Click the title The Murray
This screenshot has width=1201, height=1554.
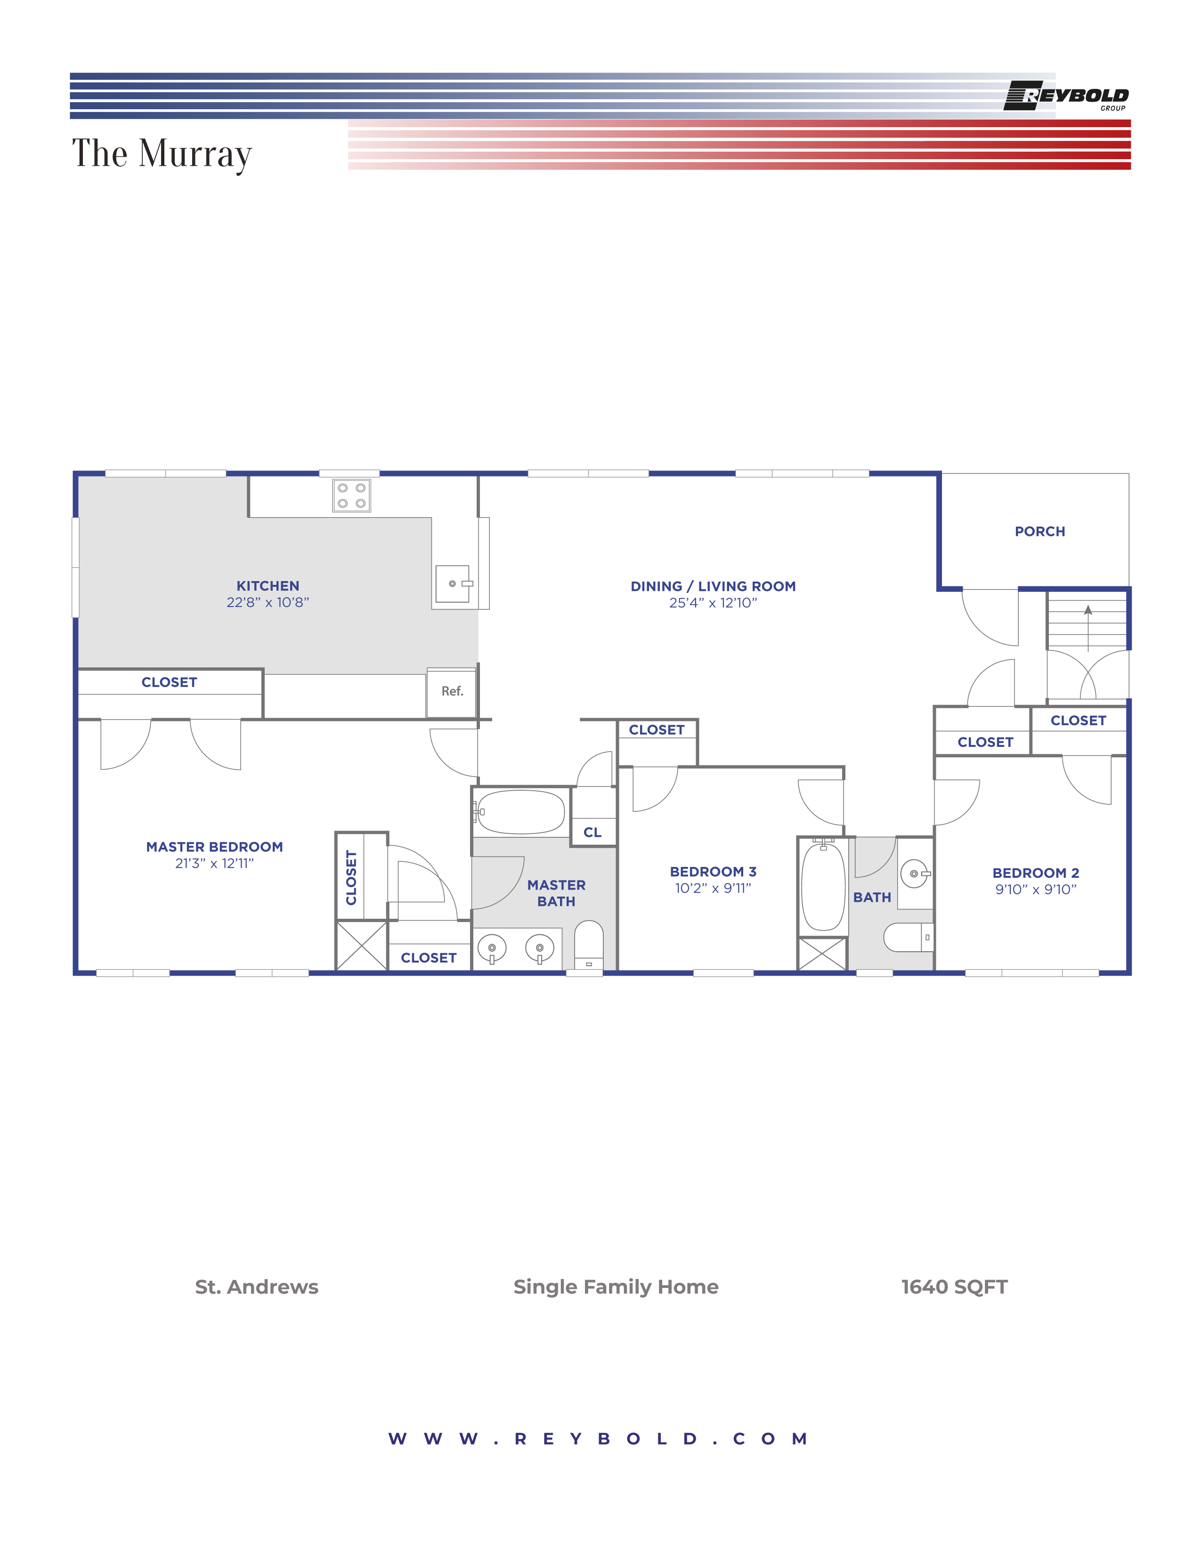pos(162,154)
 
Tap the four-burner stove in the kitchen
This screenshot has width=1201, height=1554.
pos(351,495)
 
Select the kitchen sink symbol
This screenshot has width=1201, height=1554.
pos(453,583)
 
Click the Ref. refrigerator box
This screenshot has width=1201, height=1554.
pos(451,692)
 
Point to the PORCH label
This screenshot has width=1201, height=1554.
pos(1039,532)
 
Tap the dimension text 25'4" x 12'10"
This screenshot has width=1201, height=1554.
pos(713,603)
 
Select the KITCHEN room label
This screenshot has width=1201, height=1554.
pos(268,586)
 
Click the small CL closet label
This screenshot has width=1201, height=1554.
pos(592,832)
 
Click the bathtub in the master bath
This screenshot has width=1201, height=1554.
pos(521,812)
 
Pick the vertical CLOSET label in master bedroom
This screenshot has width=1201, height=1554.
pos(351,877)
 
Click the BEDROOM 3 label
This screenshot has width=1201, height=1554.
pos(713,872)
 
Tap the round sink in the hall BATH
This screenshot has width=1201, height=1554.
pos(914,873)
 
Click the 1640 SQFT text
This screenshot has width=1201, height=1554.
pos(954,1287)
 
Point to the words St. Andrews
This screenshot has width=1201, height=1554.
pos(257,1287)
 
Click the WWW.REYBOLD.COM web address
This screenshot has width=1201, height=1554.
pos(598,1439)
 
